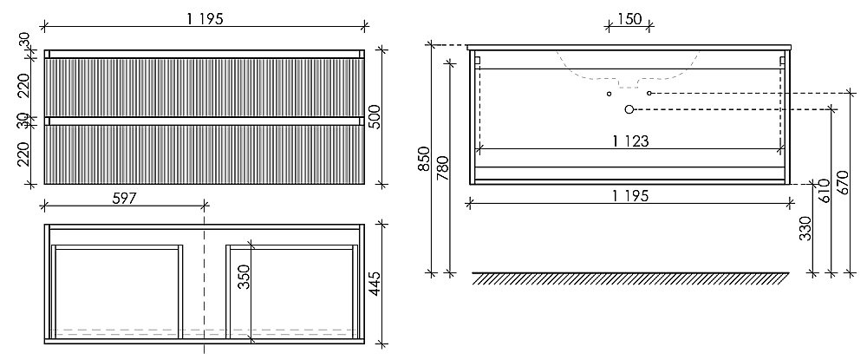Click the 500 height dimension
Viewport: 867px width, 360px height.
pyautogui.click(x=375, y=117)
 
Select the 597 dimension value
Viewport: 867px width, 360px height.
pyautogui.click(x=124, y=199)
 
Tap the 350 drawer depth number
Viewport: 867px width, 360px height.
pyautogui.click(x=244, y=278)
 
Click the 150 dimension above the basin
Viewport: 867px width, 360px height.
pyautogui.click(x=629, y=19)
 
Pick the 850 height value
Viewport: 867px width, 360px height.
pyautogui.click(x=424, y=159)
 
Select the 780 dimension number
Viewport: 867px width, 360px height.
pyautogui.click(x=443, y=168)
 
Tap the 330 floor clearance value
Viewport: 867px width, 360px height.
pyautogui.click(x=805, y=228)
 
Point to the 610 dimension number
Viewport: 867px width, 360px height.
pyautogui.click(x=824, y=192)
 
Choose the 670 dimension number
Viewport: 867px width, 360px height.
pyautogui.click(x=843, y=182)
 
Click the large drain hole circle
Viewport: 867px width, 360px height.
pyautogui.click(x=629, y=109)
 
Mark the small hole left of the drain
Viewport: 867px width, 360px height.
pyautogui.click(x=609, y=94)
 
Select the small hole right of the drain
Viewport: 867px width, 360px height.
pyautogui.click(x=649, y=94)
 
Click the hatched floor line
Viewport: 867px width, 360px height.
pyautogui.click(x=630, y=278)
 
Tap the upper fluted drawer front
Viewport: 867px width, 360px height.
pyautogui.click(x=204, y=88)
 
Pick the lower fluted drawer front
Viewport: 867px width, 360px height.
pyautogui.click(x=204, y=154)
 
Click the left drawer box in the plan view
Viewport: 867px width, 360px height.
pyautogui.click(x=117, y=291)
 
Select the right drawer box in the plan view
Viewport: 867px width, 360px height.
pyautogui.click(x=291, y=291)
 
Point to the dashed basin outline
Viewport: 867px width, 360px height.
pyautogui.click(x=629, y=77)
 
